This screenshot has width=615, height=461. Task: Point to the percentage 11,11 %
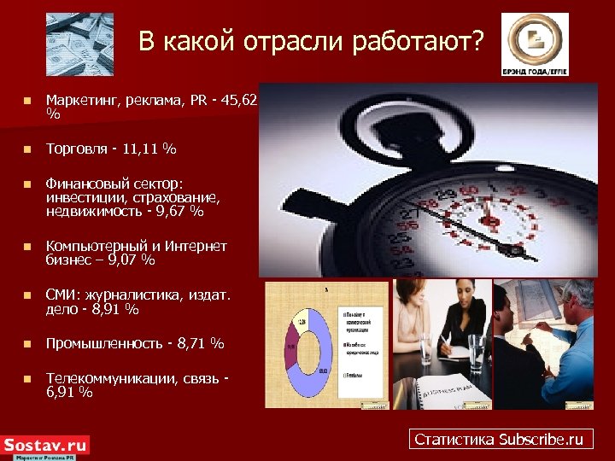coord(149,149)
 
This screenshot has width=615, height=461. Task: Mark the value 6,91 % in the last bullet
coord(69,393)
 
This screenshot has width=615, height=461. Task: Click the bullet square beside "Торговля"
coord(27,150)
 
